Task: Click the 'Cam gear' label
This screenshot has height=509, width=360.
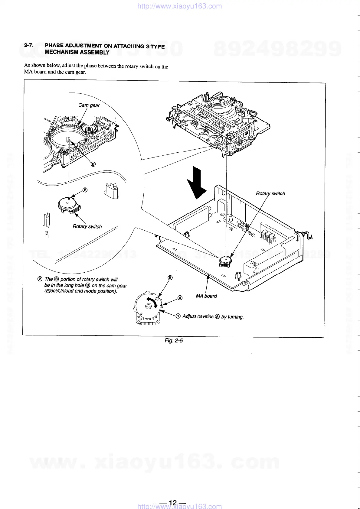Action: [x=89, y=105]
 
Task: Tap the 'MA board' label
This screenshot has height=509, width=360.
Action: [x=206, y=296]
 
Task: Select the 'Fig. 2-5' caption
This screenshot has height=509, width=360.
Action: [x=174, y=341]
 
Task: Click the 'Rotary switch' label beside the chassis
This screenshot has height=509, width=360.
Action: [x=270, y=193]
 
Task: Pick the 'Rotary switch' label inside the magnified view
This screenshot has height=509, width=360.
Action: [x=87, y=226]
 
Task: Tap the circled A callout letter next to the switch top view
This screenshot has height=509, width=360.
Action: [x=180, y=298]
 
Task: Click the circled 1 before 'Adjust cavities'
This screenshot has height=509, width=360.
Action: [x=178, y=316]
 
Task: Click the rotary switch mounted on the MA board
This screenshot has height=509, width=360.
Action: [x=225, y=261]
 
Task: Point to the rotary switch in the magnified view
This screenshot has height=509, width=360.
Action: [x=69, y=205]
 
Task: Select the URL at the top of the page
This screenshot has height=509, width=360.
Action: [x=179, y=6]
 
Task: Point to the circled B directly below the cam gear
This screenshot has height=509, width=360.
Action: [x=93, y=164]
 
